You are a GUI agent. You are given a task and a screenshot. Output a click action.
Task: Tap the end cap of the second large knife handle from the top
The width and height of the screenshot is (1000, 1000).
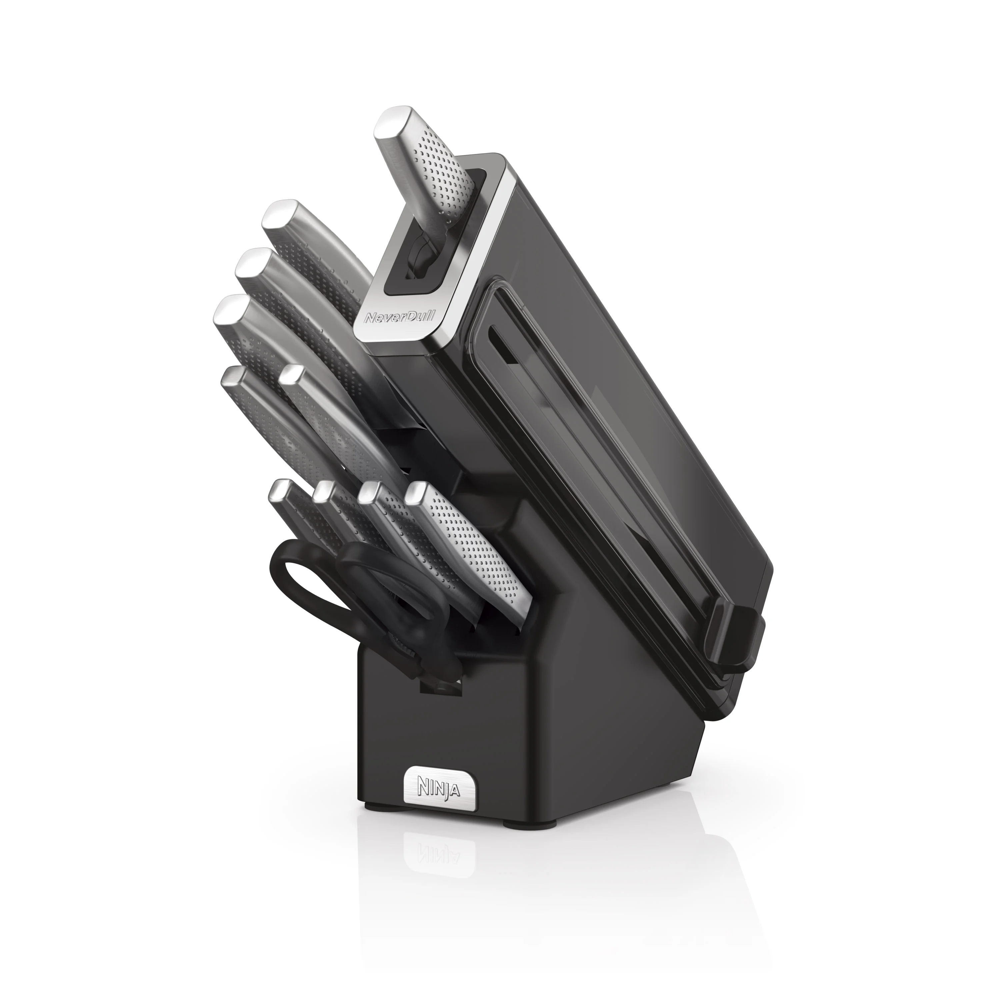click(254, 264)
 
